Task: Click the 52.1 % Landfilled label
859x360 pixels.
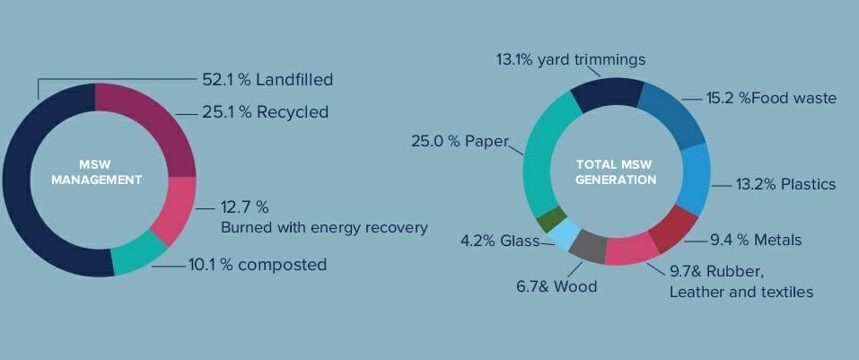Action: coord(267,80)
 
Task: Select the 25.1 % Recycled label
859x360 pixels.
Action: coord(265,112)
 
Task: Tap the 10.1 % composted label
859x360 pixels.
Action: coord(258,265)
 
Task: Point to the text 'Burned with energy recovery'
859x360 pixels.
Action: coord(324,227)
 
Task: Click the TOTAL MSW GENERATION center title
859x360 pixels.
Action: coord(616,172)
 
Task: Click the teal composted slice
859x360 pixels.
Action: coord(136,255)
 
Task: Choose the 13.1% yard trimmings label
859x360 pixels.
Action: coord(571,60)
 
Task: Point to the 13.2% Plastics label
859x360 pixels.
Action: coord(785,184)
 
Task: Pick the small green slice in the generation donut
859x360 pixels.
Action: coord(550,219)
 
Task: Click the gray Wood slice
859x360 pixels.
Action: coord(589,246)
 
